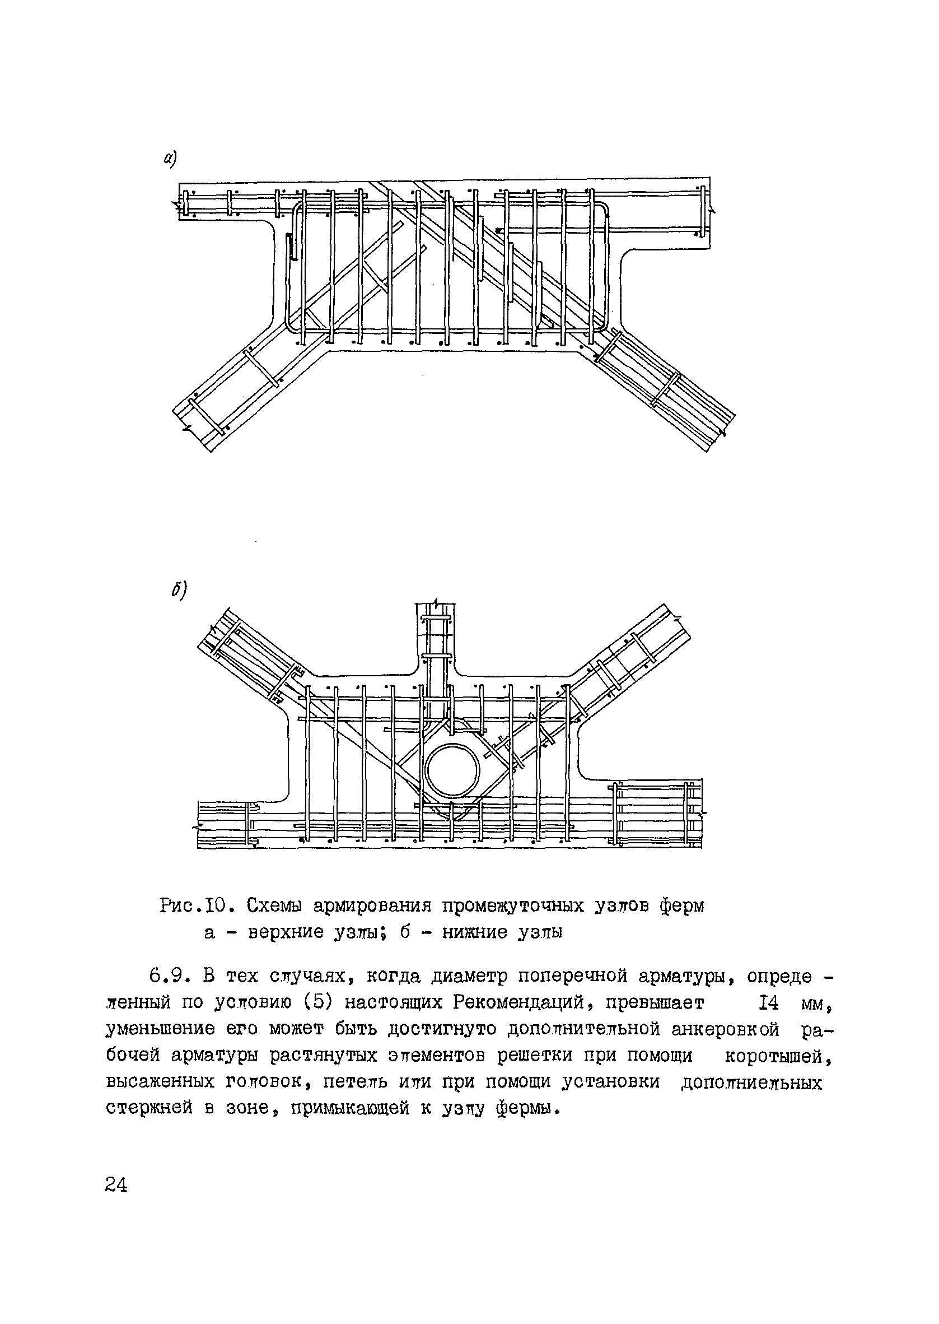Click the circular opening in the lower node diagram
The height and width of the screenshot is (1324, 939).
tap(452, 772)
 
